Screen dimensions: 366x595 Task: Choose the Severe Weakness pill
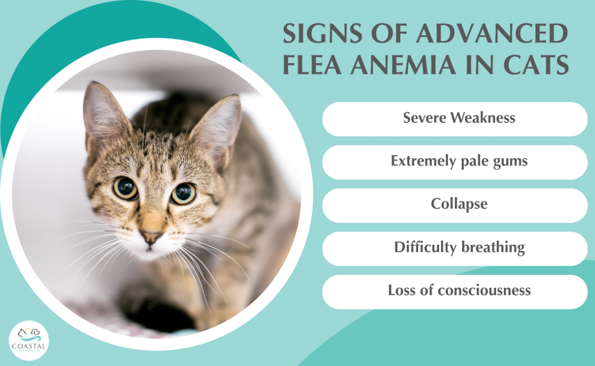pos(455,119)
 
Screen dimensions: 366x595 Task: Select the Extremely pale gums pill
pos(455,162)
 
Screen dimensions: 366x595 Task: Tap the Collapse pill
pos(455,205)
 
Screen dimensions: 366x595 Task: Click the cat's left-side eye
pos(125,188)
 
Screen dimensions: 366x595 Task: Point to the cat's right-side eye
pos(183,194)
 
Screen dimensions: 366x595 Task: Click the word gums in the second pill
pos(510,162)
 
